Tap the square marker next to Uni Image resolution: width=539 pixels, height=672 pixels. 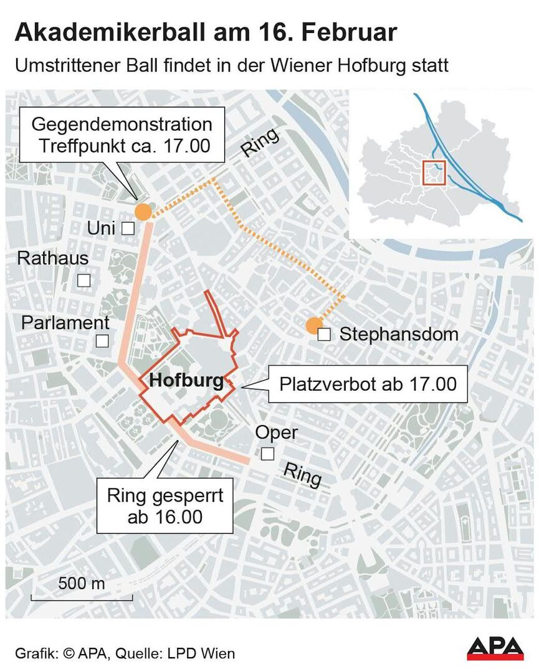pyautogui.click(x=128, y=229)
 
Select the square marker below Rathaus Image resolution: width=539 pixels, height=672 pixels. pyautogui.click(x=83, y=280)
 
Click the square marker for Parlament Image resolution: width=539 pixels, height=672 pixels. pyautogui.click(x=102, y=341)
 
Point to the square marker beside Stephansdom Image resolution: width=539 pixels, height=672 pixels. pyautogui.click(x=324, y=335)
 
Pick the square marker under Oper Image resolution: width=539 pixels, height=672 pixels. pyautogui.click(x=267, y=454)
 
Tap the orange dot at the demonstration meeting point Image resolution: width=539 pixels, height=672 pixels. pyautogui.click(x=143, y=211)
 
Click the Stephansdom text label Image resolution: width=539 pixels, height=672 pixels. pyautogui.click(x=398, y=334)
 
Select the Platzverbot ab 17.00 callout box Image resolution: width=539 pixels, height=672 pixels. pyautogui.click(x=368, y=384)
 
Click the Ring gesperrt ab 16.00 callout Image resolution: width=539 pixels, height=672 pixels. pyautogui.click(x=165, y=506)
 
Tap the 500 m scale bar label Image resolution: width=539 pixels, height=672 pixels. pyautogui.click(x=82, y=584)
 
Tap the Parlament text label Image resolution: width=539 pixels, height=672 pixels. pyautogui.click(x=65, y=323)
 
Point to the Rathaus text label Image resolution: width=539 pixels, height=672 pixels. pyautogui.click(x=53, y=258)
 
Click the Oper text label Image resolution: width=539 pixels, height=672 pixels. pyautogui.click(x=277, y=432)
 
